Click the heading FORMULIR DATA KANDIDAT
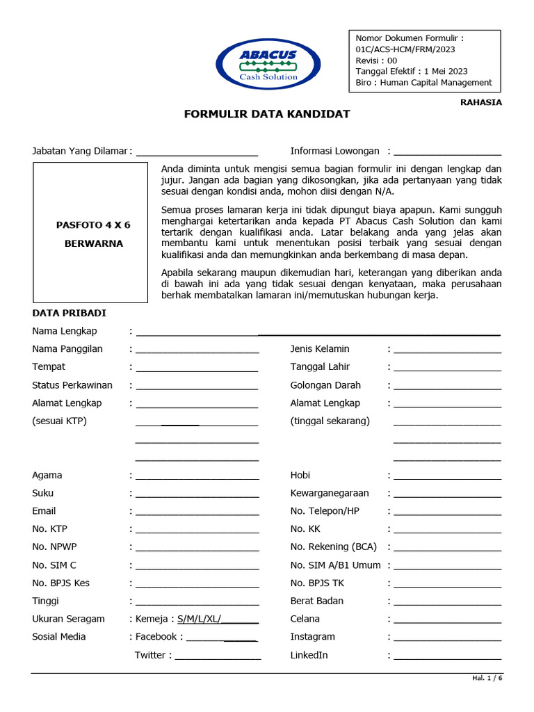coord(267,114)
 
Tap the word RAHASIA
coord(480,102)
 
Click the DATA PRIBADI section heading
coord(69,314)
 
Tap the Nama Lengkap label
coord(65,331)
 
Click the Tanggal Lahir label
coord(320,367)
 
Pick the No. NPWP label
coord(54,547)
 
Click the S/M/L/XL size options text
coord(199,619)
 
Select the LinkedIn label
coord(309,656)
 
